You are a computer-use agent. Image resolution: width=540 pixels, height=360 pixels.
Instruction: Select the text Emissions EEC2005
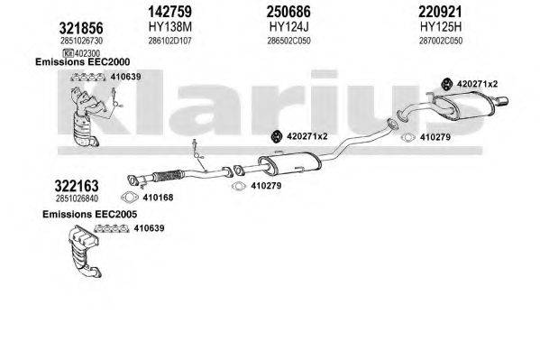pos(83,215)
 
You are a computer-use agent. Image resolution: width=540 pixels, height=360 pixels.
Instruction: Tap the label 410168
pos(159,198)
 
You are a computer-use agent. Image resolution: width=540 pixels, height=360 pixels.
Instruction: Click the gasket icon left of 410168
pos(132,198)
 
